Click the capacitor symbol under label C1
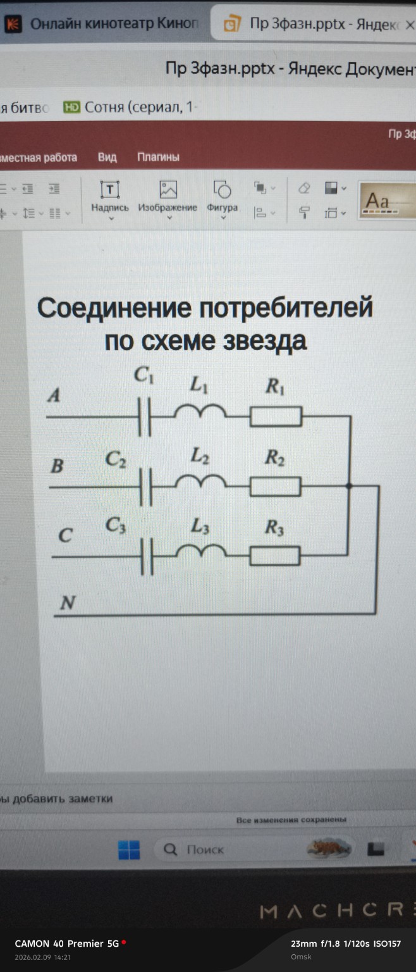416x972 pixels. [x=145, y=417]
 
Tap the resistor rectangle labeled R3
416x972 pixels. [x=275, y=555]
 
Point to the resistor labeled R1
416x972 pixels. [x=276, y=417]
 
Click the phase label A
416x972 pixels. [x=54, y=396]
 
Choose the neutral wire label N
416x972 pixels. [x=67, y=603]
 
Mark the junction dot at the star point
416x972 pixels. [x=349, y=486]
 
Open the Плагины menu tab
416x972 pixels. [x=158, y=157]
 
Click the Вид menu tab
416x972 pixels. [x=107, y=157]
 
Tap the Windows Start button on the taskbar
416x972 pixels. [x=129, y=850]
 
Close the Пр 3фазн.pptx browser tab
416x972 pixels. [x=409, y=25]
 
